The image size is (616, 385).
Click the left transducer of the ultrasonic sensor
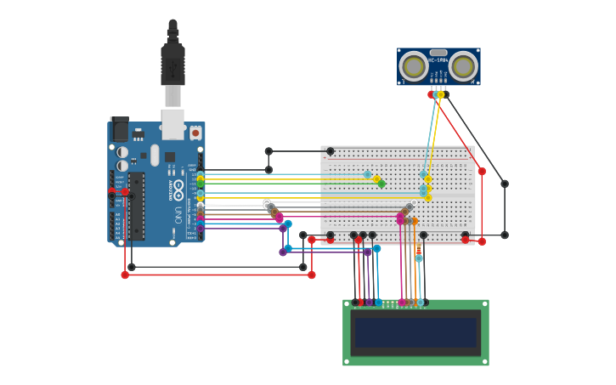tap(414, 66)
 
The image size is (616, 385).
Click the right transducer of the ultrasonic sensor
tap(463, 66)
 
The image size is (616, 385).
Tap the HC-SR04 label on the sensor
tap(438, 60)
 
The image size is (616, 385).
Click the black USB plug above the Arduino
tap(172, 64)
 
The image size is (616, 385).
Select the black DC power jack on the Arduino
tap(120, 129)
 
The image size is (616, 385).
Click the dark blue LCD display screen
tap(415, 332)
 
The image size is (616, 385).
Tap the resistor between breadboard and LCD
tap(418, 248)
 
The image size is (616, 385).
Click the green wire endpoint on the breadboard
tap(381, 184)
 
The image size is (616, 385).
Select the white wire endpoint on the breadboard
tap(414, 203)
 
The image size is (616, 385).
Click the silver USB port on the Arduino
tap(172, 123)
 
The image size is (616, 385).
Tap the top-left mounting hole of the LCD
tap(347, 303)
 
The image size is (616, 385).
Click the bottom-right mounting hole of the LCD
tap(485, 361)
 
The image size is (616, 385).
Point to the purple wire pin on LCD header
tap(369, 303)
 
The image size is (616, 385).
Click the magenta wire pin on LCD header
tap(402, 303)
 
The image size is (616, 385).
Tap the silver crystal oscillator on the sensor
tap(438, 52)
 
